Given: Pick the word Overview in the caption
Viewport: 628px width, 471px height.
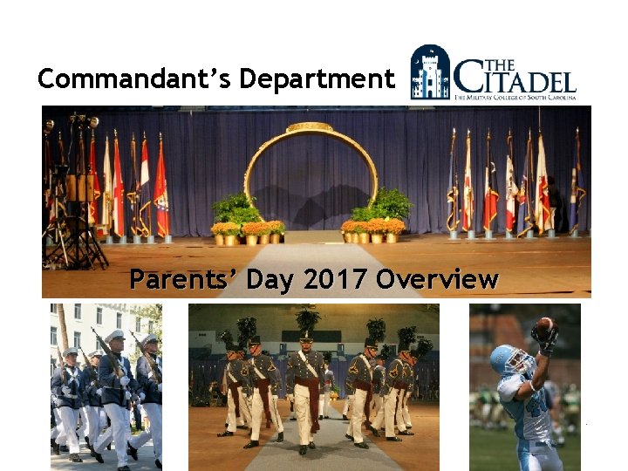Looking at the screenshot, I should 438,280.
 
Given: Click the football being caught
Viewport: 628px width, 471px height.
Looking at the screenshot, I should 544,327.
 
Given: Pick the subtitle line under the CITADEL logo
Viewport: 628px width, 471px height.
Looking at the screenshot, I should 515,99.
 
